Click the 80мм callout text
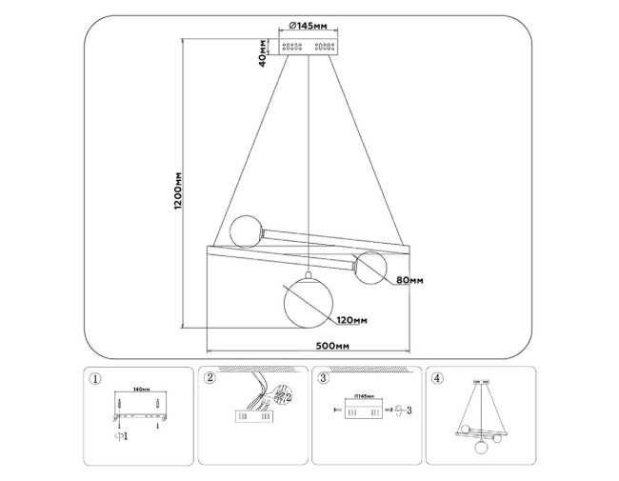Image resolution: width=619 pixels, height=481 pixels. [409, 280]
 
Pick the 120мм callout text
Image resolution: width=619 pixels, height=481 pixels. [351, 322]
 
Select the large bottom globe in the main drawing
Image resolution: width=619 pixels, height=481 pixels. [309, 298]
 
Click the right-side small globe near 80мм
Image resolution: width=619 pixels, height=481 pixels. [367, 269]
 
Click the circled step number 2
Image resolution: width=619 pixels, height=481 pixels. [209, 378]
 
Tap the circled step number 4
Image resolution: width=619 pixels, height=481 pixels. [437, 378]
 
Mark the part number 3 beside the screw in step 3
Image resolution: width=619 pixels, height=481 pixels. [409, 411]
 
